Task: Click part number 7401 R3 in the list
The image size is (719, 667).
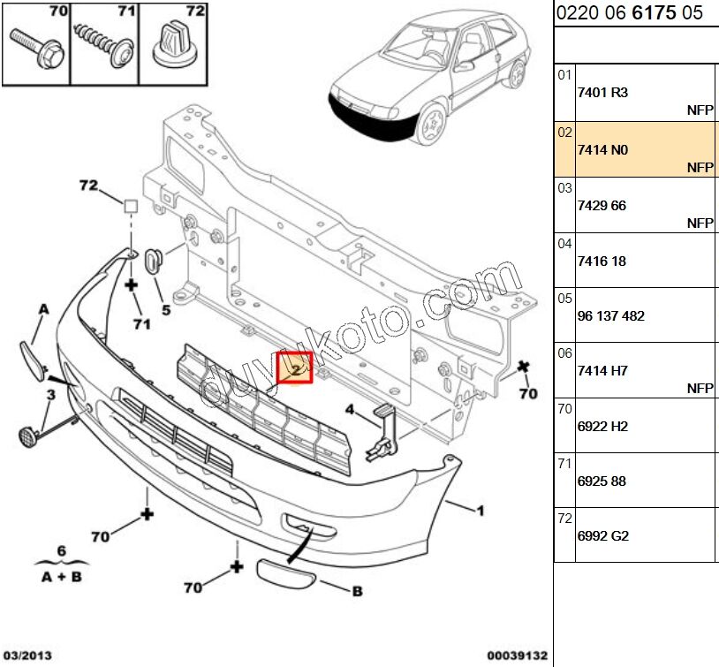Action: [602, 92]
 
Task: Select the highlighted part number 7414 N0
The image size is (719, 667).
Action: [602, 150]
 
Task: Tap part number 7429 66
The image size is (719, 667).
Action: [602, 205]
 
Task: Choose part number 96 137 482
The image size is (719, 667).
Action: [610, 315]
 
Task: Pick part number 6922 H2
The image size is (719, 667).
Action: [602, 426]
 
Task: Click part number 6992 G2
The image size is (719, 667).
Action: [602, 535]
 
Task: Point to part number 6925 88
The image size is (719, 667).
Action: [602, 481]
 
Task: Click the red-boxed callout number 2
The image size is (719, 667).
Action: [295, 368]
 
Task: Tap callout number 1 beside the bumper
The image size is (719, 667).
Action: [481, 510]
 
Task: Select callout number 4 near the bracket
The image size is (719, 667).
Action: [350, 409]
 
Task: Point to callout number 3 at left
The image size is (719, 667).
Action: [50, 394]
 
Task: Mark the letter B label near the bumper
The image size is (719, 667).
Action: [357, 592]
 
